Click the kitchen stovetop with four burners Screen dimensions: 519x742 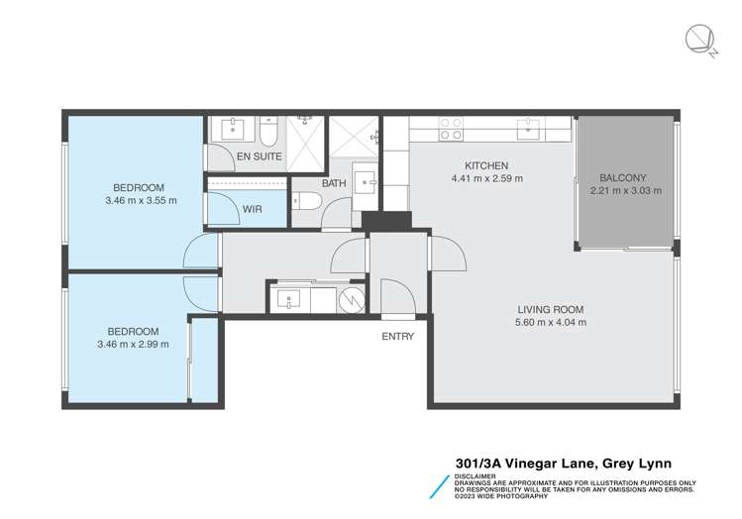(451, 129)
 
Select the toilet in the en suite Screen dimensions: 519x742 (267, 133)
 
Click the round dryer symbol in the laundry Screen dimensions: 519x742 (352, 298)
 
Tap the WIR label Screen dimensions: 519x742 (253, 209)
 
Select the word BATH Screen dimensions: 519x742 (333, 183)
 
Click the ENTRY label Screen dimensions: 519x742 (398, 337)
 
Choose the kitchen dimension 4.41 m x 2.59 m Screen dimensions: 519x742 (486, 179)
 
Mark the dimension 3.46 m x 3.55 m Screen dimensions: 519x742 (139, 200)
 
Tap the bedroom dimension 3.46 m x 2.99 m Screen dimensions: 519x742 (132, 345)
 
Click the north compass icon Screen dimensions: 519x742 (700, 39)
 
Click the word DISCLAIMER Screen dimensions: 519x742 (477, 475)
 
